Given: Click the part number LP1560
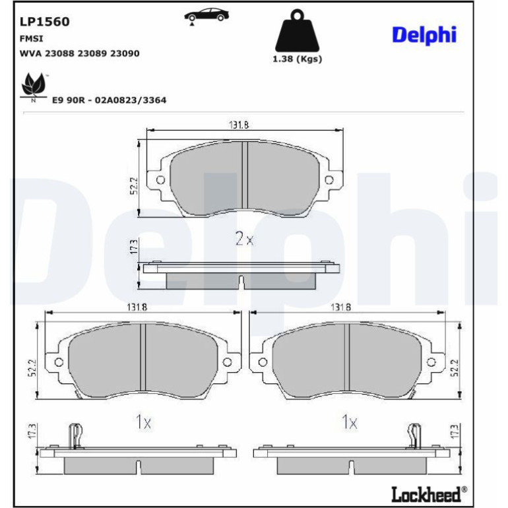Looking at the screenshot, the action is tap(45, 22).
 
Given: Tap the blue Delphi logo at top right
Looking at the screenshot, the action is tap(424, 35).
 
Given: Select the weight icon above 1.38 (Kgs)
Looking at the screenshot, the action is tap(297, 31).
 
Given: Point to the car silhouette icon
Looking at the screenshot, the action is tap(206, 16).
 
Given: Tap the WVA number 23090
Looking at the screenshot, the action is tap(125, 53).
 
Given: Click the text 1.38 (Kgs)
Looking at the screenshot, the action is tap(297, 59).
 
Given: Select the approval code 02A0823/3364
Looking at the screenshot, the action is tap(130, 100).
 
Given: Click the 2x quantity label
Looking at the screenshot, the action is tap(244, 239).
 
